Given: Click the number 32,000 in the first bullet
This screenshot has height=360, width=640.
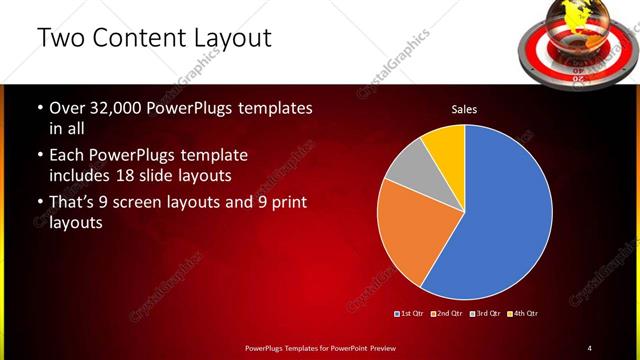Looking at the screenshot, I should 121,107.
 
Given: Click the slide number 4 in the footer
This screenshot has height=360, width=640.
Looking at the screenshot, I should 590,347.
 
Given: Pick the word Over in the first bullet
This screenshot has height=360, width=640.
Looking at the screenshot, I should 69,107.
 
